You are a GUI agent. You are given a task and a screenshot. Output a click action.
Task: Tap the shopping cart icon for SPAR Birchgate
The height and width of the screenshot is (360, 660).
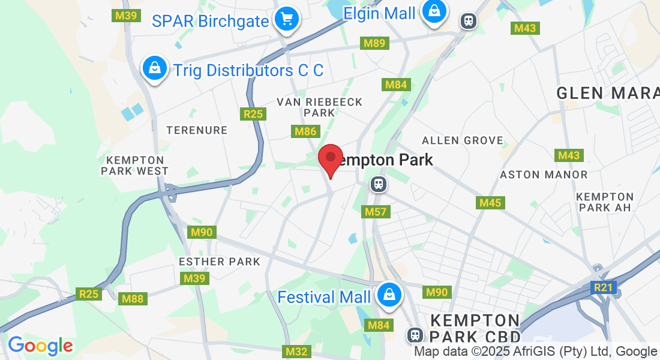pyautogui.click(x=287, y=20)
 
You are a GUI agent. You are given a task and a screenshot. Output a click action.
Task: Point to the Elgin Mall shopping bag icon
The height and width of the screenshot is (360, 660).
pyautogui.click(x=433, y=11)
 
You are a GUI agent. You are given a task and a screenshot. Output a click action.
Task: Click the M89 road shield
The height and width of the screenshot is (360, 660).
pyautogui.click(x=374, y=43)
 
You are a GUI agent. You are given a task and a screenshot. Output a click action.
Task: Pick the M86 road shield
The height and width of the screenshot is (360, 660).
pyautogui.click(x=305, y=131)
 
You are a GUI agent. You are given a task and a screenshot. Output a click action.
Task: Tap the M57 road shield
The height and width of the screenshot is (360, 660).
pyautogui.click(x=376, y=212)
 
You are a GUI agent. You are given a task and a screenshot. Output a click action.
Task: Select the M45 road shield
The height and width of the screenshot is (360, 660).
pyautogui.click(x=490, y=203)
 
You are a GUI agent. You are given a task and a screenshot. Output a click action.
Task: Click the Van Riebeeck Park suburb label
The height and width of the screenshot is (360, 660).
pyautogui.click(x=320, y=107)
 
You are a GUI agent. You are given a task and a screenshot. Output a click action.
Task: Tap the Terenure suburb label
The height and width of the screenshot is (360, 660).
pyautogui.click(x=197, y=130)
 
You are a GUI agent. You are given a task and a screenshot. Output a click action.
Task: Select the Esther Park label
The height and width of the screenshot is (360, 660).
pyautogui.click(x=220, y=262)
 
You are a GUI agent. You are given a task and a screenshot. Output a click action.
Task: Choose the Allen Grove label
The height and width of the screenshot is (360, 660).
pyautogui.click(x=463, y=140)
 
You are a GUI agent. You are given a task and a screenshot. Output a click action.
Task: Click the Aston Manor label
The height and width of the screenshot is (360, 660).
pyautogui.click(x=544, y=175)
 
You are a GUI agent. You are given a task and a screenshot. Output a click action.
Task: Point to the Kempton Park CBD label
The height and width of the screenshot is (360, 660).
pyautogui.click(x=475, y=327)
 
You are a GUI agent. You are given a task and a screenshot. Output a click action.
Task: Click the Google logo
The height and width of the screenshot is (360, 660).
pyautogui.click(x=40, y=346)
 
